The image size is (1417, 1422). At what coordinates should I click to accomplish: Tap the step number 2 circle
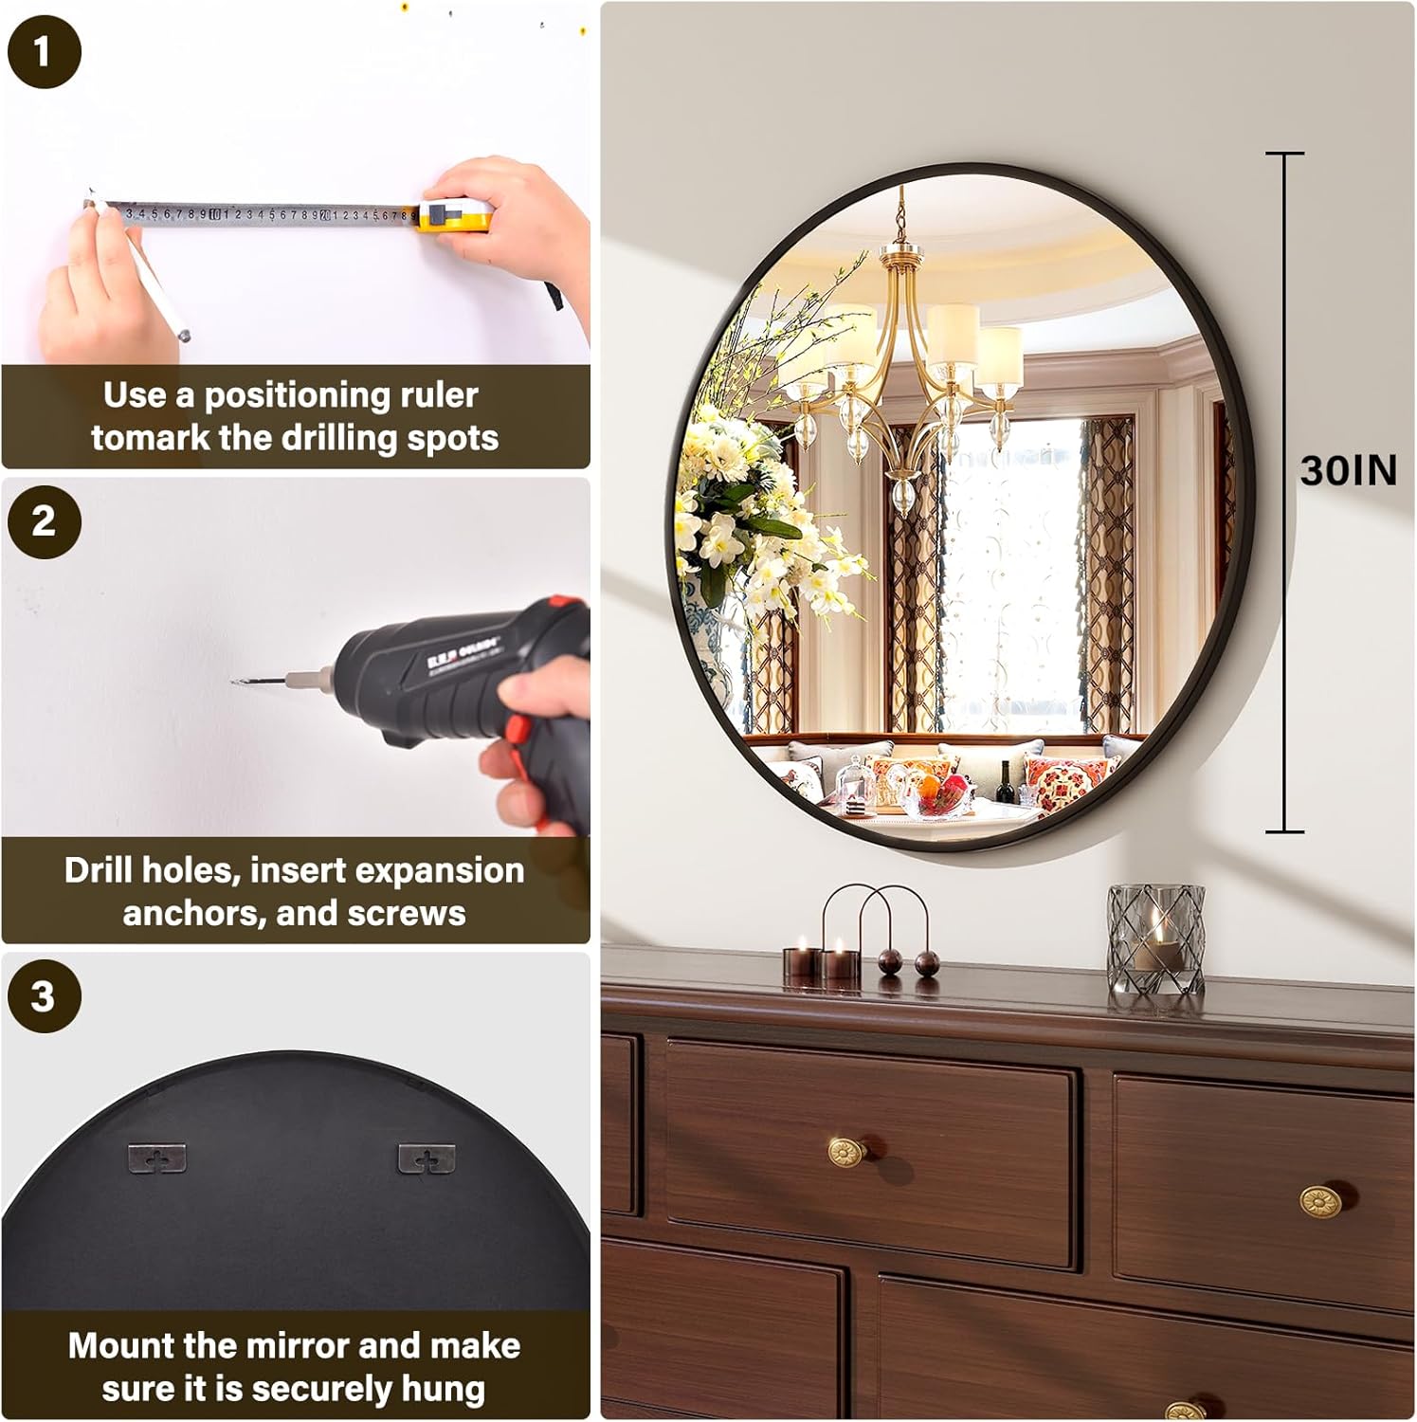pos(44,520)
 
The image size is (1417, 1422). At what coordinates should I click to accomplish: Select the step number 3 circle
pos(44,995)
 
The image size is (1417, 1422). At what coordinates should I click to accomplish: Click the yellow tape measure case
pos(455,215)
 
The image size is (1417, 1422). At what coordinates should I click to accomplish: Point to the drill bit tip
pos(235,682)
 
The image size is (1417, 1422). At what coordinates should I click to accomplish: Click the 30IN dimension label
pos(1348,470)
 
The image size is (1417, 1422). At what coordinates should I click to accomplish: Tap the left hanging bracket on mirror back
pos(156,1158)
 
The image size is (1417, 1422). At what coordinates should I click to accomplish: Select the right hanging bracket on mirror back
pos(427,1158)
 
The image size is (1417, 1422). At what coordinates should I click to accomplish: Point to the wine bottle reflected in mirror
pos(1006,782)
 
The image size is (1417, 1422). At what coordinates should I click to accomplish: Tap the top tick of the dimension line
pos(1284,154)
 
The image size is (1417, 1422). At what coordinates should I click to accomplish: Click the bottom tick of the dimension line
pos(1284,831)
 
